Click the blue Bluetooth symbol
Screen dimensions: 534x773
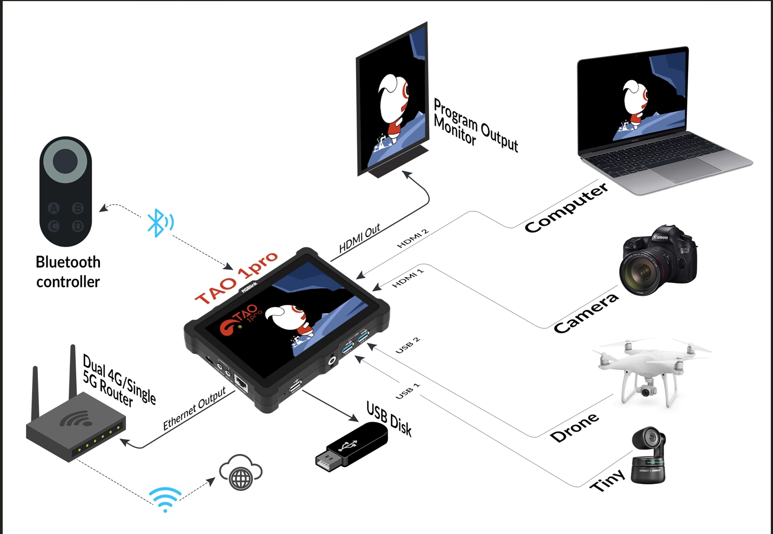point(156,223)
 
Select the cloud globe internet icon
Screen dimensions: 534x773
point(241,473)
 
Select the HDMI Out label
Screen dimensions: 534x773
point(360,238)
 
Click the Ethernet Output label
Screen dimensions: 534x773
point(194,409)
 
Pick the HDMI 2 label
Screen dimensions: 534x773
point(413,239)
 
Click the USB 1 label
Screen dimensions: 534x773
point(407,391)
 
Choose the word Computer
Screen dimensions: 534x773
point(566,208)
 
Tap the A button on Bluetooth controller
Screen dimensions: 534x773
point(53,208)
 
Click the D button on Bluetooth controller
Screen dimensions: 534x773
point(78,226)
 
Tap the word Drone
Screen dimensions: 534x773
point(574,428)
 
